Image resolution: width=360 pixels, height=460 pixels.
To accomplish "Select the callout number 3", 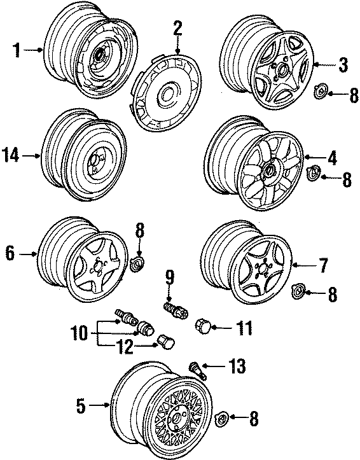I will point(343,64).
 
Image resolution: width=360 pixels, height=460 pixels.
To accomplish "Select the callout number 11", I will point(243,328).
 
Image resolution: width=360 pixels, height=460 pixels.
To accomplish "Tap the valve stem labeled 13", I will point(197,368).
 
